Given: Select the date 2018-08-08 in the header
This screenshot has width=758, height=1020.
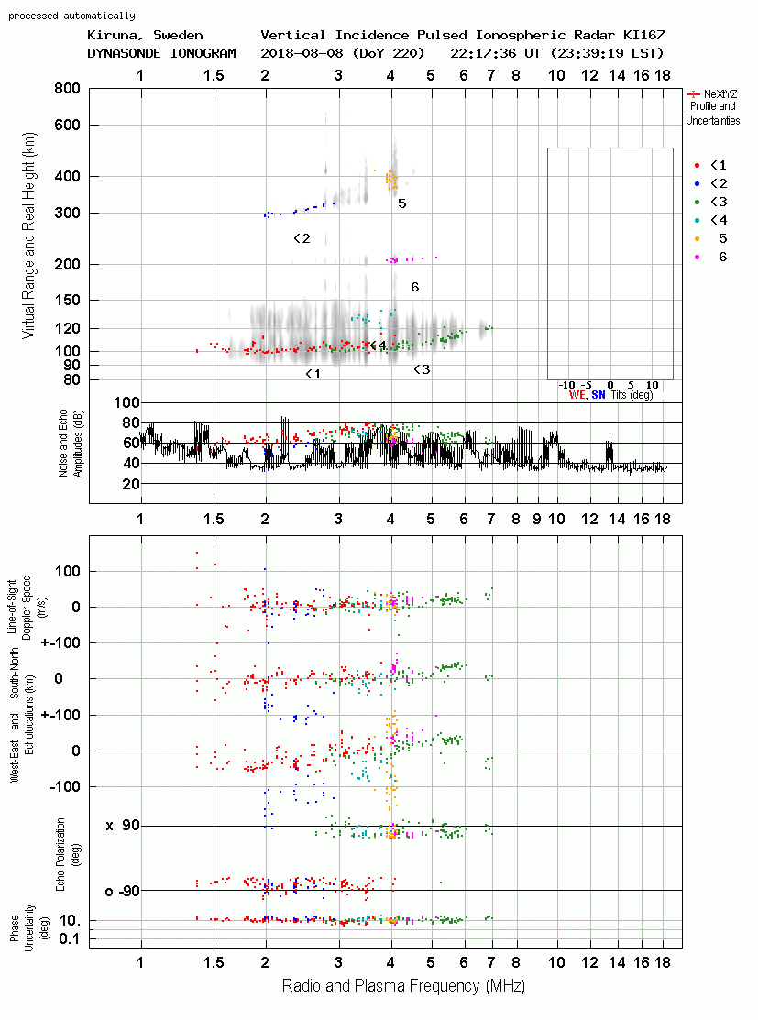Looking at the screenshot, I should tap(298, 53).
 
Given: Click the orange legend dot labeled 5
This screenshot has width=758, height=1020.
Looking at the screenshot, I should tap(698, 238).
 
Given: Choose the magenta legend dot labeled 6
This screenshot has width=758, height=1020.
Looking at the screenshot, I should tap(698, 257).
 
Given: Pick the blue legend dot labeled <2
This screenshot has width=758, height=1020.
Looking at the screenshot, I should tap(698, 183).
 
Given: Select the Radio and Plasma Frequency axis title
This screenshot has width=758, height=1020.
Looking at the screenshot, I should tap(403, 987).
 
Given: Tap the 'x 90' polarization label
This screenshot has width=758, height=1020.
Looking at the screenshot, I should tap(123, 826).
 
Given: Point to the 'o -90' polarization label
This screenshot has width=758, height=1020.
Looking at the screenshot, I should tap(123, 891).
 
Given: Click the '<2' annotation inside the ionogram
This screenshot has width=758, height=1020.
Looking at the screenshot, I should tap(302, 239).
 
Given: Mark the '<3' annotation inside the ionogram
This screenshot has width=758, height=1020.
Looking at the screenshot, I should tap(422, 370).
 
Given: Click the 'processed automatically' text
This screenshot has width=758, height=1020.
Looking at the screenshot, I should tap(71, 16).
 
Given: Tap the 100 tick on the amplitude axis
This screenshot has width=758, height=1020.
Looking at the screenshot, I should tap(126, 403).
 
